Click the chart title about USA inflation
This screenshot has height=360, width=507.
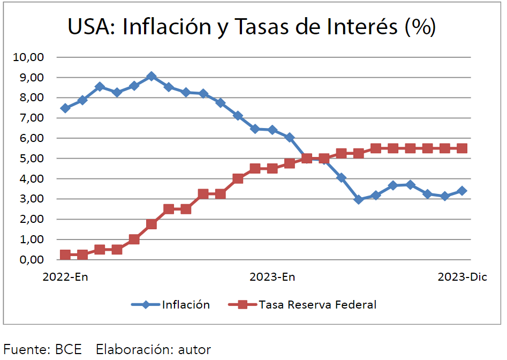coord(252,27)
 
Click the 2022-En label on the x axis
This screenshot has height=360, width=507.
coord(66,277)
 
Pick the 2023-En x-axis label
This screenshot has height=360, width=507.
coord(273,277)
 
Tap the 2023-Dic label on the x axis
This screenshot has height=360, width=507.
coord(462,277)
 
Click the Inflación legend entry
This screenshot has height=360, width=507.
coord(186,305)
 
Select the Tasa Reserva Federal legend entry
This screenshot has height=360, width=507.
coord(317,305)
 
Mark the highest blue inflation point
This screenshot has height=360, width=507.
coord(152,77)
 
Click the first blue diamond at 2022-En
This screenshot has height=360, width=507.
coord(65,108)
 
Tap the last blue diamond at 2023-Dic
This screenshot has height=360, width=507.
coord(462,191)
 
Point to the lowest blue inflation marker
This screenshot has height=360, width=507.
coord(359,199)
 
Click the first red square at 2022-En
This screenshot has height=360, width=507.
coord(65,254)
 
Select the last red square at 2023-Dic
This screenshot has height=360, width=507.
coord(462,148)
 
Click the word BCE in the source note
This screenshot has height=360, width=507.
coord(69,350)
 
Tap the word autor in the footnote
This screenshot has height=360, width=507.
coord(194,350)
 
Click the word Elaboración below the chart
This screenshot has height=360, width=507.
coord(133,350)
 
